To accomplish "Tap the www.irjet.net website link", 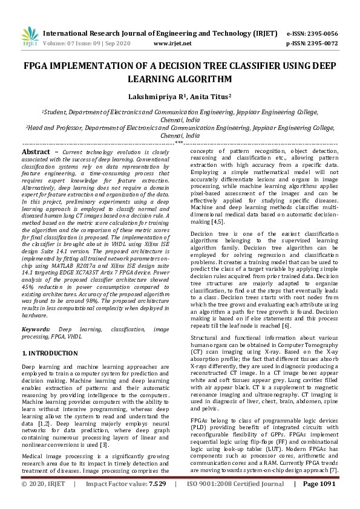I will click(x=172, y=44).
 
